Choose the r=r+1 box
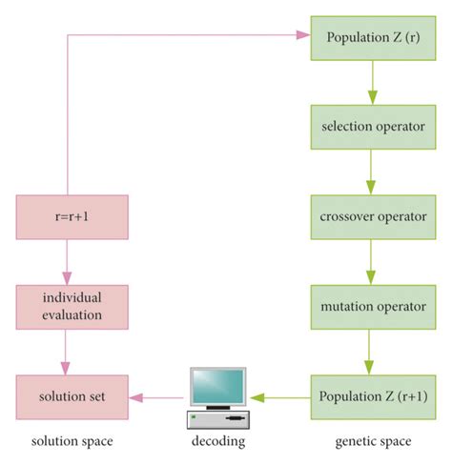[72, 217]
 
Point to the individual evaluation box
[72, 308]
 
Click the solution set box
[72, 397]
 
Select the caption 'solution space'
[70, 442]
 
